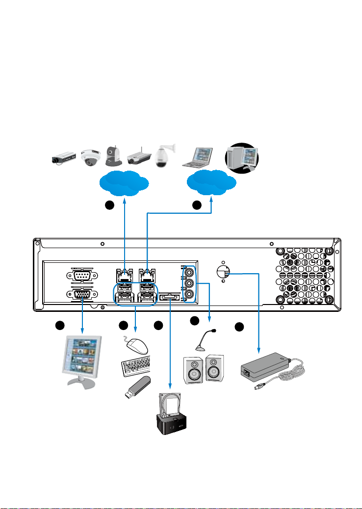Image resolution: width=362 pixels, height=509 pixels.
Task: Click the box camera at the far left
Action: pos(63,158)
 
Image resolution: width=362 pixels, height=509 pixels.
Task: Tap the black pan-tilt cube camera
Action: pos(115,155)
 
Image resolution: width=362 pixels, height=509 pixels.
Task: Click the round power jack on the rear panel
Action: pos(223,272)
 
